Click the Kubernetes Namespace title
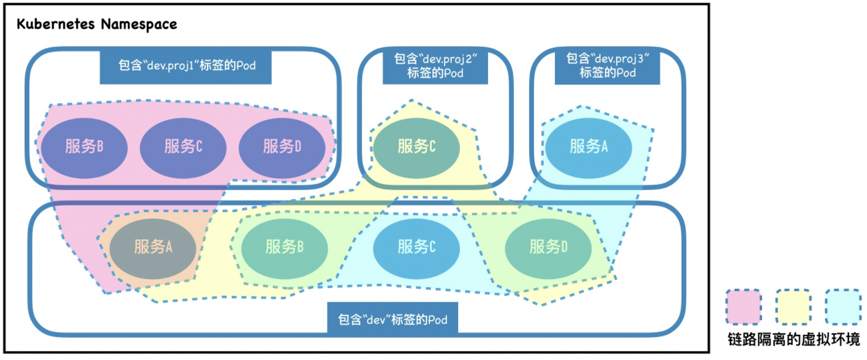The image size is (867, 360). pos(97,25)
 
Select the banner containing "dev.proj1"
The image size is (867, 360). pos(187,65)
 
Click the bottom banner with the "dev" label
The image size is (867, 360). pos(393,320)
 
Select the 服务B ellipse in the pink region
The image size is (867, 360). pos(84,147)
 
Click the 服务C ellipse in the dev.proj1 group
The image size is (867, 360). pos(183,147)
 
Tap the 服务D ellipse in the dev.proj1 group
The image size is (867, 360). pos(282,147)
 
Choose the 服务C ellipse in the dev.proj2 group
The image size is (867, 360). pos(416,147)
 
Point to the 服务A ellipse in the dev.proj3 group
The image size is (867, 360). pos(588,147)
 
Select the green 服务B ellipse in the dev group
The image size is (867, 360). pos(284,247)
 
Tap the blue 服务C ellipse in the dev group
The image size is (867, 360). pos(416,247)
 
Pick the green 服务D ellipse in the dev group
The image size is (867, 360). pos(548,247)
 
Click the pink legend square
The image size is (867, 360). pos(743,307)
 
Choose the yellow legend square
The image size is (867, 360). pos(793,307)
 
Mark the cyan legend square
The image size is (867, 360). pos(843,307)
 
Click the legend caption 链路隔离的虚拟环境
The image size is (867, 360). pos(793,339)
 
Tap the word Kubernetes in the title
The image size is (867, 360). pos(56,25)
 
